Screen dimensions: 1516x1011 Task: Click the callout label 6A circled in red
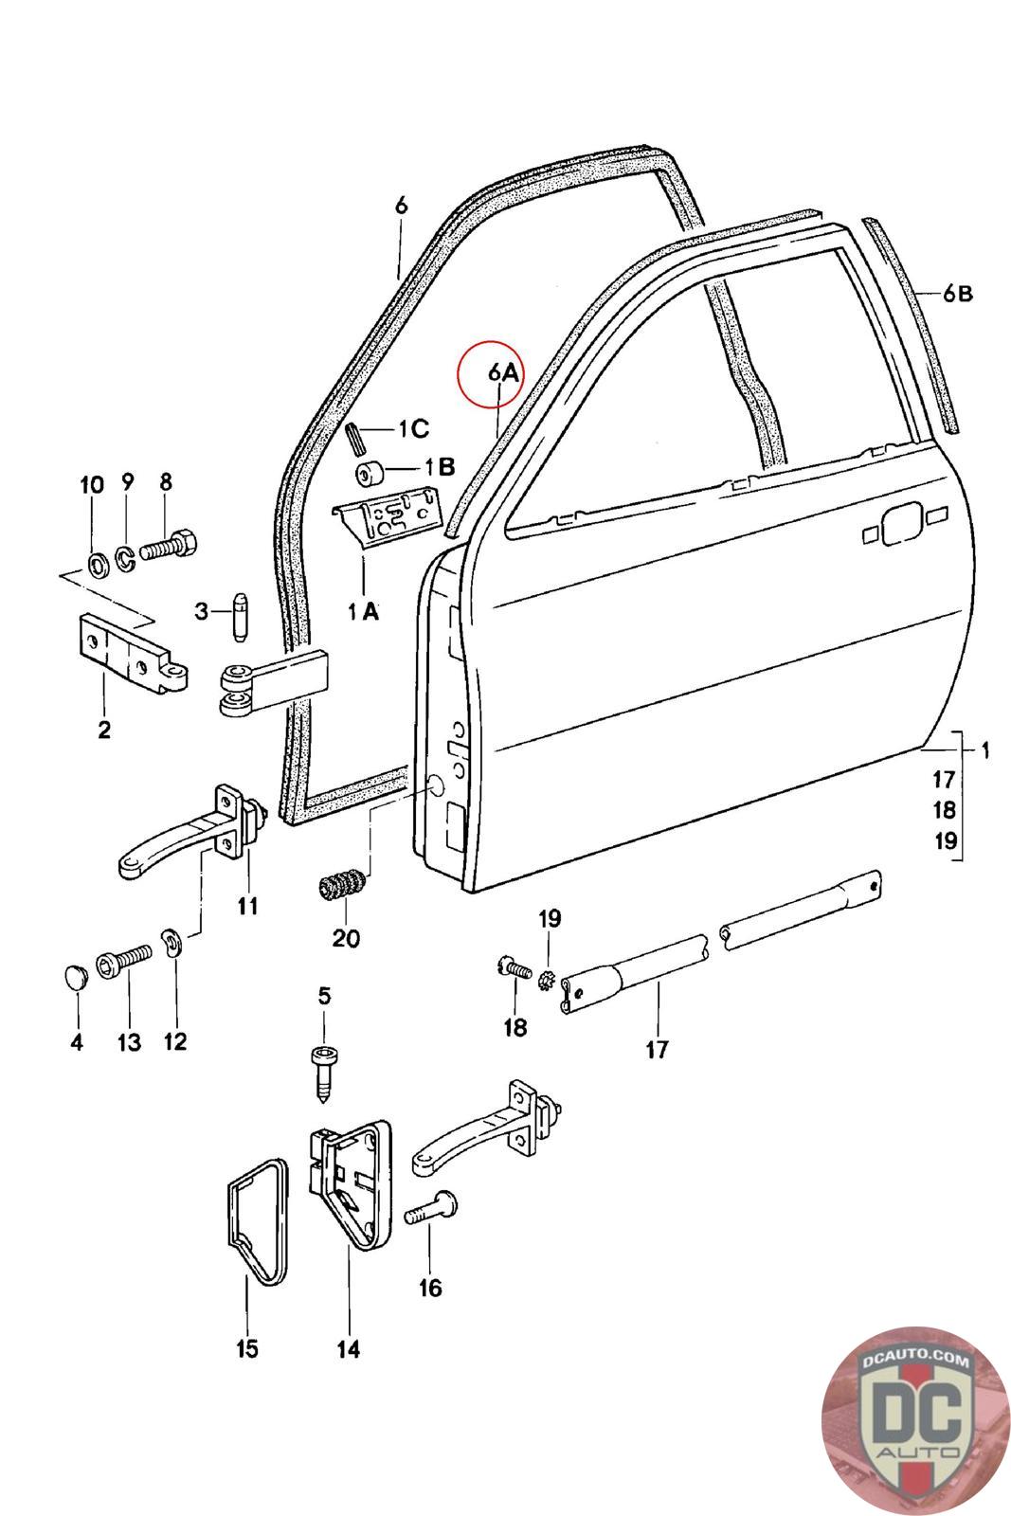(x=504, y=372)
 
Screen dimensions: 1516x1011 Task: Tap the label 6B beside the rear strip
(x=957, y=294)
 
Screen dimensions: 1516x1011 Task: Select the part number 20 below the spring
(x=346, y=938)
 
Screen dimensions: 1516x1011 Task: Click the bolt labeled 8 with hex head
(x=172, y=547)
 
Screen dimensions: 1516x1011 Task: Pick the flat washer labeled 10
(x=96, y=566)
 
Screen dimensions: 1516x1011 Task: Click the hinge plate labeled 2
(x=133, y=657)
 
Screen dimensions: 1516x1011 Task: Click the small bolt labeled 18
(x=514, y=968)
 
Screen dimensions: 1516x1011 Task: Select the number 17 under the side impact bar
(x=657, y=1049)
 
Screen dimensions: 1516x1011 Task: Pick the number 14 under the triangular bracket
(x=349, y=1348)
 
